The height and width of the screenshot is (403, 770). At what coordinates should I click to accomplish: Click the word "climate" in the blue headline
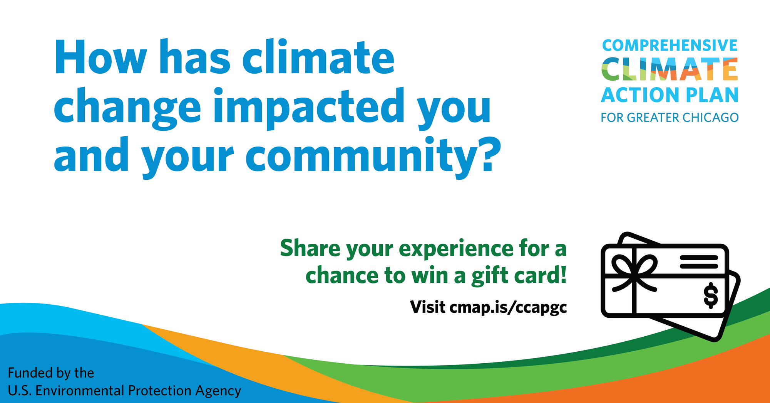pyautogui.click(x=318, y=57)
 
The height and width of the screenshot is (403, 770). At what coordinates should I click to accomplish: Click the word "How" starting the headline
pyautogui.click(x=101, y=57)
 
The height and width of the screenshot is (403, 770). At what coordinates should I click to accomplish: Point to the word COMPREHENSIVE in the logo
pyautogui.click(x=670, y=46)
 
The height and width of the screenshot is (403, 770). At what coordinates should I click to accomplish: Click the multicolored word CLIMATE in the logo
pyautogui.click(x=670, y=69)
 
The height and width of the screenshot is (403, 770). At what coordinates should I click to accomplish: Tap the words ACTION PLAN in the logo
pyautogui.click(x=670, y=95)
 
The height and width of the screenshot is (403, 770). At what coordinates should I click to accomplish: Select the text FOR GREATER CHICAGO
pyautogui.click(x=670, y=118)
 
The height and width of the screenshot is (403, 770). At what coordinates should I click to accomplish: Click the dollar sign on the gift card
pyautogui.click(x=711, y=296)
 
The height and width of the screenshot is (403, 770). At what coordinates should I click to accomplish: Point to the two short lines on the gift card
pyautogui.click(x=699, y=262)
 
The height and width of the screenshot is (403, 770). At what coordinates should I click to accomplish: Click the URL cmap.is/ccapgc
pyautogui.click(x=508, y=308)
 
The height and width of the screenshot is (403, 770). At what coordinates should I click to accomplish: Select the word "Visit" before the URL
pyautogui.click(x=428, y=307)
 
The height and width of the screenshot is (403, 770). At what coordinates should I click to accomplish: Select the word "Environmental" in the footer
pyautogui.click(x=80, y=391)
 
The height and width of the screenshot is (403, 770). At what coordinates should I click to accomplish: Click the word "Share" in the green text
pyautogui.click(x=310, y=248)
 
